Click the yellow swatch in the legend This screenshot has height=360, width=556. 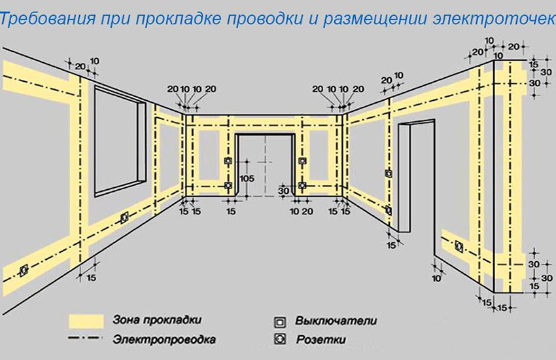[87, 321]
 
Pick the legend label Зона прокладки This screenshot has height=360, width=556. [157, 321]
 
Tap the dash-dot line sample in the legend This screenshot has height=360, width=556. [87, 340]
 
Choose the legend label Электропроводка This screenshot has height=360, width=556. [164, 340]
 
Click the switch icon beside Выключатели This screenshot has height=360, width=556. [280, 321]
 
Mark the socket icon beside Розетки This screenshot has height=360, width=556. [280, 339]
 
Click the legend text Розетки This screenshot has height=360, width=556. [321, 339]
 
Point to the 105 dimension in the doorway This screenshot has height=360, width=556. [246, 178]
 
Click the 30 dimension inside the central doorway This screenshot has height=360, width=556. [284, 190]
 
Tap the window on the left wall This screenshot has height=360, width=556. [120, 141]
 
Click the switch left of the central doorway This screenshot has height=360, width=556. [228, 161]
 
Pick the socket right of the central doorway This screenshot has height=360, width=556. [302, 186]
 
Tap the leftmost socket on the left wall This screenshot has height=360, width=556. [24, 269]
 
